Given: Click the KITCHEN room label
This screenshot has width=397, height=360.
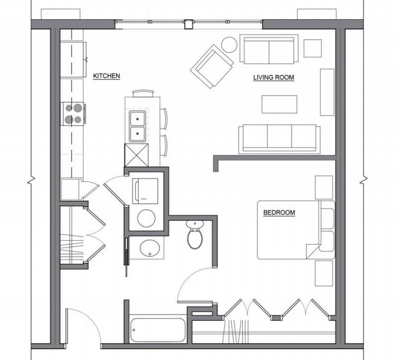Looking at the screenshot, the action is tap(106, 76).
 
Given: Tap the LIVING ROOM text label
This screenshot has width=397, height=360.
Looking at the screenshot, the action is tap(274, 77).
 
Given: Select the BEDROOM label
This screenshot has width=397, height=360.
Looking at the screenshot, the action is tap(279, 213).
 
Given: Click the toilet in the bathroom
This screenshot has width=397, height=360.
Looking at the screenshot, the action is tap(195, 234).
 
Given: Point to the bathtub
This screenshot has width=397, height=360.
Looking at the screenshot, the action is tap(158, 330).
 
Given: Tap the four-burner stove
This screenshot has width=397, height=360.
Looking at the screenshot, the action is tap(73, 114).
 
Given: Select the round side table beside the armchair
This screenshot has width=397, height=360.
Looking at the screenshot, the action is tap(229, 45).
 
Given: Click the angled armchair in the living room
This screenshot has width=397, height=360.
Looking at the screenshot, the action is tap(212, 67).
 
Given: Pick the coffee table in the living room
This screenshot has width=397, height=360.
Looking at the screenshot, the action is tap(279, 104).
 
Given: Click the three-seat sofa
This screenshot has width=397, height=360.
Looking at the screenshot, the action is tap(279, 139).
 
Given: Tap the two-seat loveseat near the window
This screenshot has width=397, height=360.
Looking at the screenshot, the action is tap(269, 49).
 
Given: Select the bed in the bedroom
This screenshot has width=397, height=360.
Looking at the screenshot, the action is tap(296, 230).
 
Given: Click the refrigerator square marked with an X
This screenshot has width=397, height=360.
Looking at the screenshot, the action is tap(136, 155).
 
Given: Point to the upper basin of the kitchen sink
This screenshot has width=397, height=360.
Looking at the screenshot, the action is tap(137, 119).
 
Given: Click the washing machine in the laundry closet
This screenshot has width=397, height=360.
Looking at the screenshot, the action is tap(145, 191).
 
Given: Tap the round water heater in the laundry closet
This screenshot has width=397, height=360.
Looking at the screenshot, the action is tap(146, 218).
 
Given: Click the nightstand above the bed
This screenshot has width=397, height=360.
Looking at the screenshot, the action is tap(324, 188).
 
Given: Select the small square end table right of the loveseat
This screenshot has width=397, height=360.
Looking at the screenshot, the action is tap(313, 48).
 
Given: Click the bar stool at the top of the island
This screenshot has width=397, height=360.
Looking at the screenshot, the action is tap(143, 93).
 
